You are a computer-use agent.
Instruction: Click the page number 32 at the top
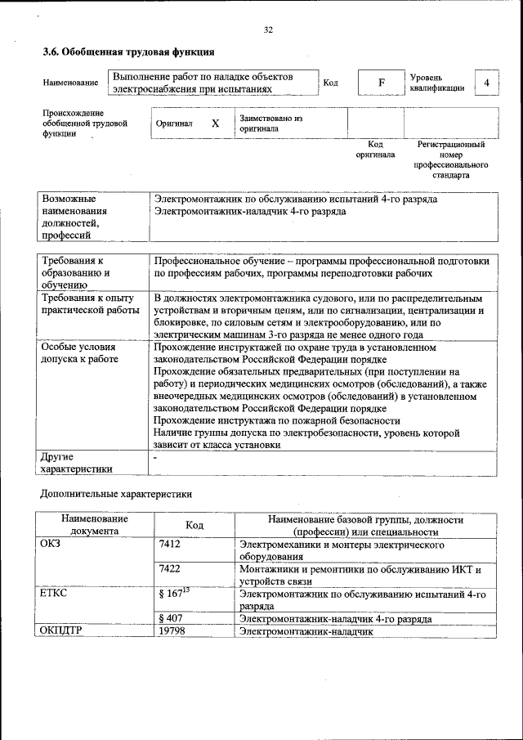[267, 30]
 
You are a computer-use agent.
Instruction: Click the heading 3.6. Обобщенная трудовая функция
[128, 52]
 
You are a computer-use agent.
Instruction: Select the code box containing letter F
[380, 83]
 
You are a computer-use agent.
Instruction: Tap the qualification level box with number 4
[486, 83]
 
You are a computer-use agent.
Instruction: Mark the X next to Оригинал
[215, 123]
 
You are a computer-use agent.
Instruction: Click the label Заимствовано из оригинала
[270, 123]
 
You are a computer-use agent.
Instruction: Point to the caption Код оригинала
[375, 149]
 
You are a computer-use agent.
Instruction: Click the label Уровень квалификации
[437, 83]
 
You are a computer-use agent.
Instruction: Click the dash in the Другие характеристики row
[156, 458]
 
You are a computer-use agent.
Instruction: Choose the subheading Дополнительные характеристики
[116, 494]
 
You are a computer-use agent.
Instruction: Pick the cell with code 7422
[169, 569]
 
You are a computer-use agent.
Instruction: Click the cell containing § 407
[170, 620]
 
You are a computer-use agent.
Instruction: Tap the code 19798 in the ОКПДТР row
[172, 632]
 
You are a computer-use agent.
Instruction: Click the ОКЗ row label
[50, 544]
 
